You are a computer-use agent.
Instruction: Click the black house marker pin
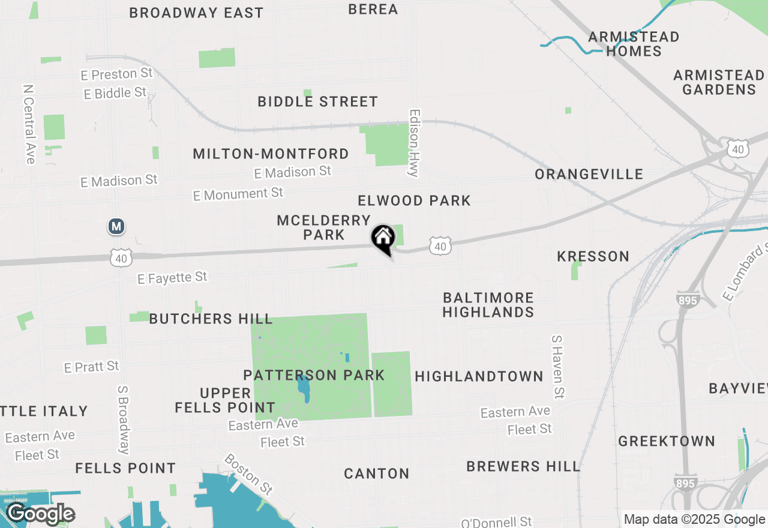click(x=383, y=239)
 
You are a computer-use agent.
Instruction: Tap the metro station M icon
click(x=116, y=227)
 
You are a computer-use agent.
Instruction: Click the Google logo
click(x=40, y=514)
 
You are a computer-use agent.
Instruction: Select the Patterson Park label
click(x=314, y=376)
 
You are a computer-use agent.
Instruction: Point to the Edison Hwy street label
click(x=413, y=143)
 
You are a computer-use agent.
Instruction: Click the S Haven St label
click(x=558, y=367)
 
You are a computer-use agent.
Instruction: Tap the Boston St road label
click(x=248, y=473)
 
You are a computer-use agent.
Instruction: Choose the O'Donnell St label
click(x=496, y=522)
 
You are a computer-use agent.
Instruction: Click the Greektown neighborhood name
click(x=667, y=442)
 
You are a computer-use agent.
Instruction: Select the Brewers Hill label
click(x=523, y=466)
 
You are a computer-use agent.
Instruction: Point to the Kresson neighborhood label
click(x=593, y=257)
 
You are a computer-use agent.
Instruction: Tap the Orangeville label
click(x=589, y=175)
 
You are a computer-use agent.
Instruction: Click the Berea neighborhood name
click(x=373, y=9)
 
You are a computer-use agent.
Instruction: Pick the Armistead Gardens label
click(x=719, y=82)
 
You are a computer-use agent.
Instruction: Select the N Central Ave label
click(x=29, y=124)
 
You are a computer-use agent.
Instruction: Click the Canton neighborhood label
click(x=377, y=474)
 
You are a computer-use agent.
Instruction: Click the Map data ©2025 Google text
click(x=694, y=520)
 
